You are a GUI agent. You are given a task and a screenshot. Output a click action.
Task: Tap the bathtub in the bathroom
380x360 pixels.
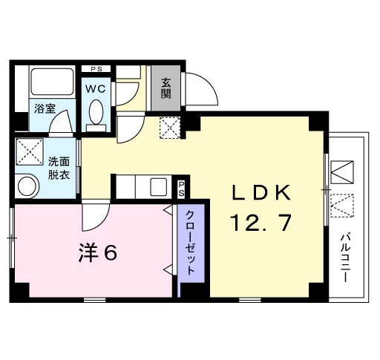(x=52, y=82)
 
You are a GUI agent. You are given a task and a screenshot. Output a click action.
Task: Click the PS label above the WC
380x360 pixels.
(x=96, y=70)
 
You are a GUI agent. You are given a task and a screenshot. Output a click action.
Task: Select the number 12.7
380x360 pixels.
(x=261, y=222)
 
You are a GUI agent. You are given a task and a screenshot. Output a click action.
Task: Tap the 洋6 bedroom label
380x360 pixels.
(x=97, y=254)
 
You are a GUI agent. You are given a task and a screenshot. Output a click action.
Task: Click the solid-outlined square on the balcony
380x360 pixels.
(x=343, y=172)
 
